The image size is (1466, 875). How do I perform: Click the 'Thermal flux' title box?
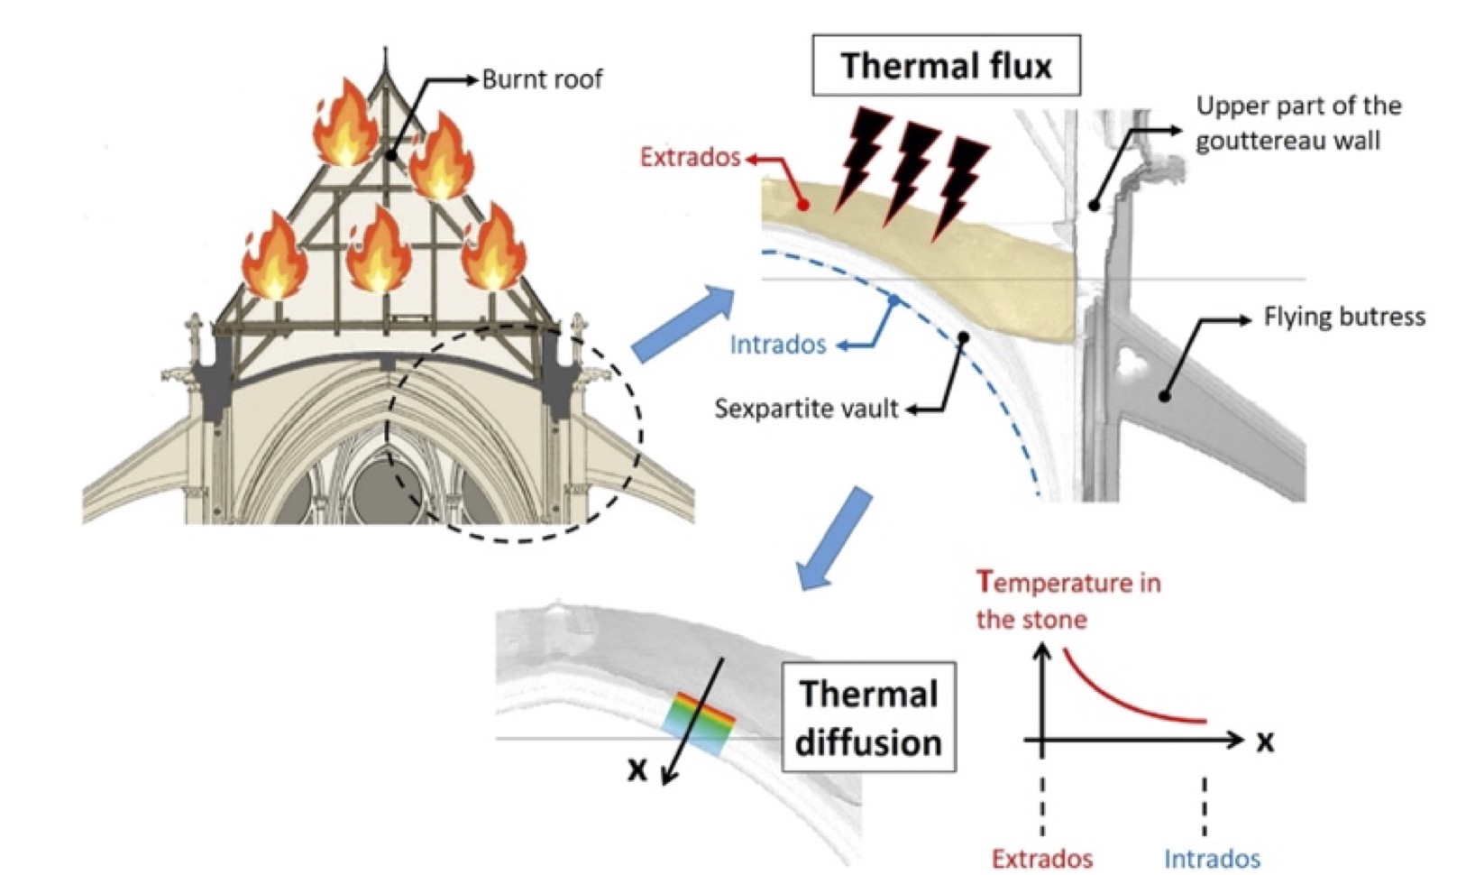pyautogui.click(x=946, y=66)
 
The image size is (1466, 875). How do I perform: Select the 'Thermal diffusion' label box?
pyautogui.click(x=868, y=719)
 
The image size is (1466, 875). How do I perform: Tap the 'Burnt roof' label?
pyautogui.click(x=542, y=79)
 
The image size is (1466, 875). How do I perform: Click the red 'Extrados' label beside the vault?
pyautogui.click(x=690, y=157)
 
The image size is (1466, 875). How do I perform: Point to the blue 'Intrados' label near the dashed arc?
pyautogui.click(x=777, y=345)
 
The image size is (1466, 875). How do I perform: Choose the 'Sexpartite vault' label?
pyautogui.click(x=806, y=409)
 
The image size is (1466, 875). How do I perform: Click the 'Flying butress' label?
pyautogui.click(x=1343, y=317)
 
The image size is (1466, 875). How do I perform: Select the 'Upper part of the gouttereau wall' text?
pyautogui.click(x=1297, y=123)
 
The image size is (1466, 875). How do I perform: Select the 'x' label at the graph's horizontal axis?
pyautogui.click(x=1265, y=741)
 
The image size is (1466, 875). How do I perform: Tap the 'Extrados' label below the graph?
pyautogui.click(x=1042, y=858)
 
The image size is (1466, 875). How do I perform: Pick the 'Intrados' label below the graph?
pyautogui.click(x=1212, y=858)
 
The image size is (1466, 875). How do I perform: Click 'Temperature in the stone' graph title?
pyautogui.click(x=1067, y=601)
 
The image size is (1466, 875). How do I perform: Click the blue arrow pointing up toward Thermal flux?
pyautogui.click(x=683, y=323)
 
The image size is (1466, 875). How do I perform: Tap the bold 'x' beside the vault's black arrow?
pyautogui.click(x=637, y=769)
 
